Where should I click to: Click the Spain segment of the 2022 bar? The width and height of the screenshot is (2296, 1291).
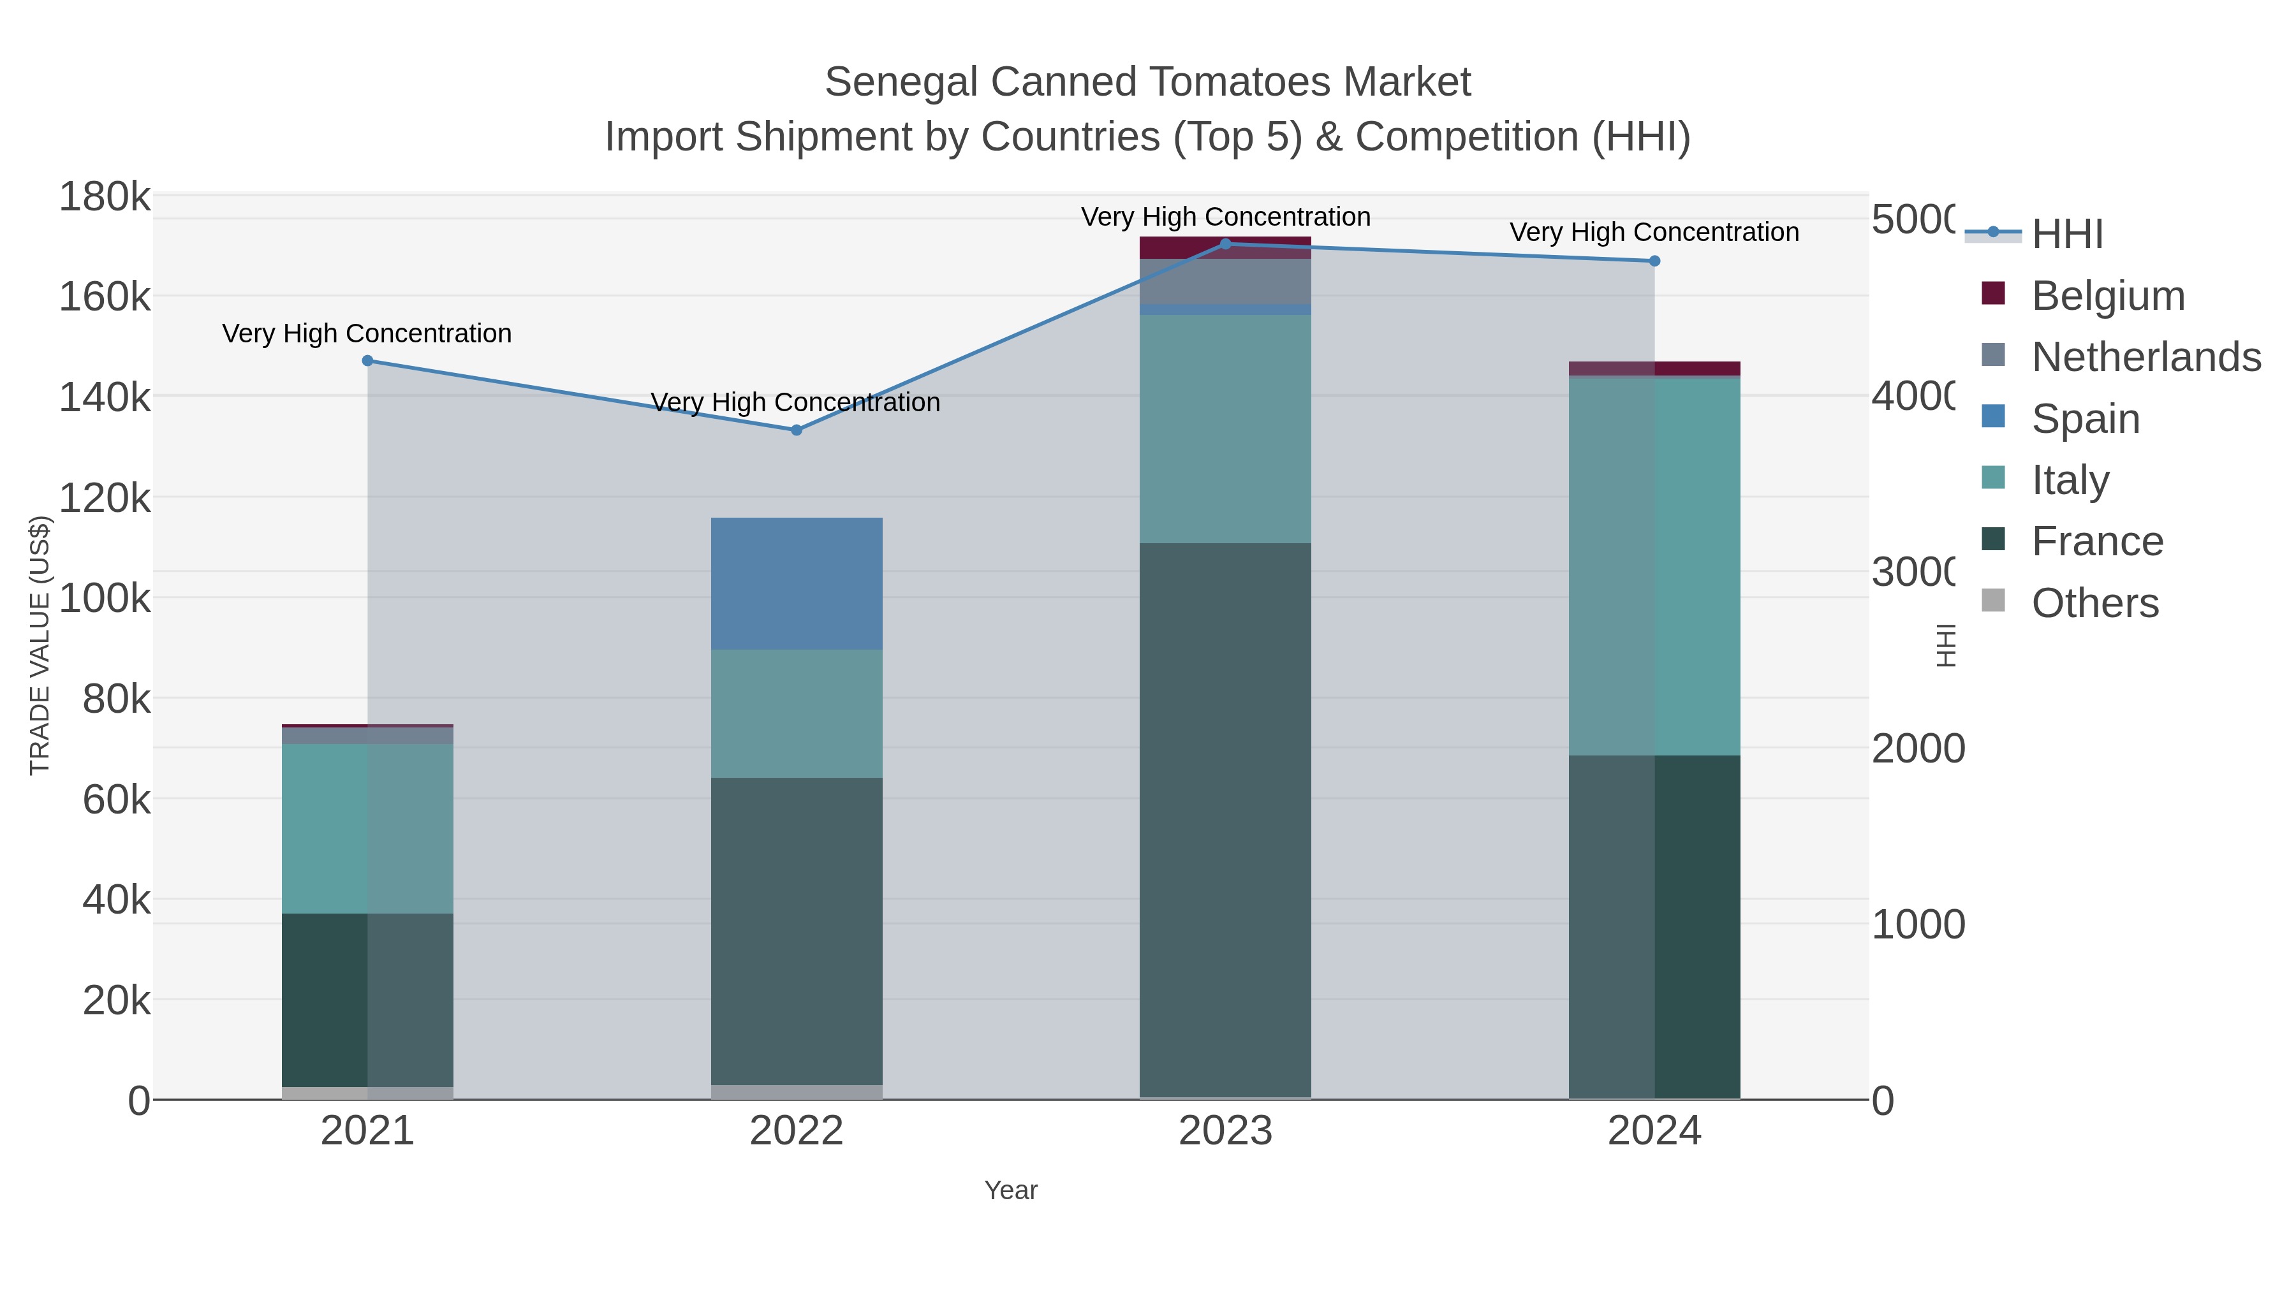(x=796, y=583)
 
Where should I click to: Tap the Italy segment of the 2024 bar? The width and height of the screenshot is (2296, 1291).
(x=1654, y=567)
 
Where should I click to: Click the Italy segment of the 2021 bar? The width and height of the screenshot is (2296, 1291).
(x=367, y=829)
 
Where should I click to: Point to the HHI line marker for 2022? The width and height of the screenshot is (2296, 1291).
(x=796, y=430)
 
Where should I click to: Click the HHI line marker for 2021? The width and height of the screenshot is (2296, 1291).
(x=367, y=361)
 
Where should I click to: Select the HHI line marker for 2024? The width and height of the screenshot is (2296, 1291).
(x=1654, y=261)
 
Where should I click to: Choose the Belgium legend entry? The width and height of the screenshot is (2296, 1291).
(x=2107, y=295)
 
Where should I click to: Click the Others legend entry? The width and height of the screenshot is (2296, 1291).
(x=2094, y=602)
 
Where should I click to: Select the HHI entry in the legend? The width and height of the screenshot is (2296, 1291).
(x=2066, y=235)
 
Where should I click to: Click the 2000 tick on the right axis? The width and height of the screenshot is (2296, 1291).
(x=1917, y=748)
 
